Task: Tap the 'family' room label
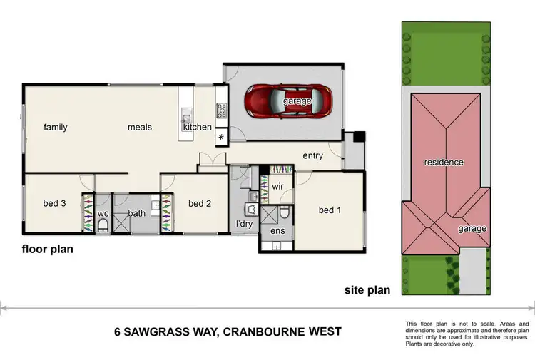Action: (56, 128)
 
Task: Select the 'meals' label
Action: (140, 128)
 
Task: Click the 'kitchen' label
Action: (198, 128)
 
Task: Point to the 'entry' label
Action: (312, 156)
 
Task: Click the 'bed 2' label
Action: (200, 204)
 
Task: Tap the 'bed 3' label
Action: (55, 204)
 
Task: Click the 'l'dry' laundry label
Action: (245, 225)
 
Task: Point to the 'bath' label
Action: (137, 213)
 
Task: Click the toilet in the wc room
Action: (103, 225)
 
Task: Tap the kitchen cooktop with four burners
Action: (222, 110)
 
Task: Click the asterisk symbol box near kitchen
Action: (220, 137)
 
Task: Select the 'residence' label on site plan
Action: (444, 163)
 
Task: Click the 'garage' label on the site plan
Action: (472, 229)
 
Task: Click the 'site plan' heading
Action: (367, 290)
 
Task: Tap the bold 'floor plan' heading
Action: (47, 250)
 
